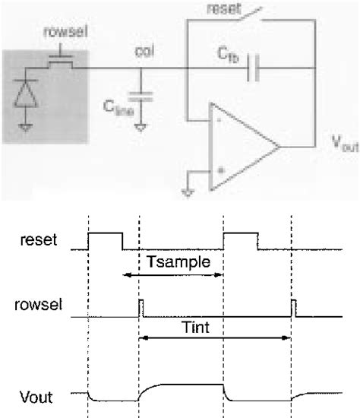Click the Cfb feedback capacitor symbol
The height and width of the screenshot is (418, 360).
tap(254, 69)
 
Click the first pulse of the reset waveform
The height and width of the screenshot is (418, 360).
tap(106, 241)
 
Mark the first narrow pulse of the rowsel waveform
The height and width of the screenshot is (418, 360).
tap(141, 308)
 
